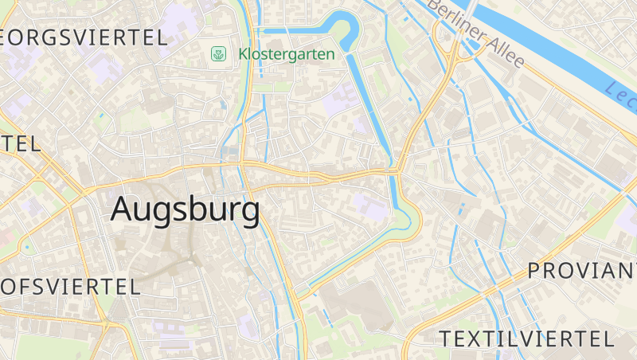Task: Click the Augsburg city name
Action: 185,209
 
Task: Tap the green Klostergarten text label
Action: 287,54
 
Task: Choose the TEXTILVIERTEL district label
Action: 526,338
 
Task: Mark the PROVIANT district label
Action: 581,271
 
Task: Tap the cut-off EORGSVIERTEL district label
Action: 84,37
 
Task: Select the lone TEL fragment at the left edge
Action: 20,144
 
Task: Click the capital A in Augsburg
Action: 123,209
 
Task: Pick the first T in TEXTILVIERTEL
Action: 446,338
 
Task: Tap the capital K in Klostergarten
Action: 243,54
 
